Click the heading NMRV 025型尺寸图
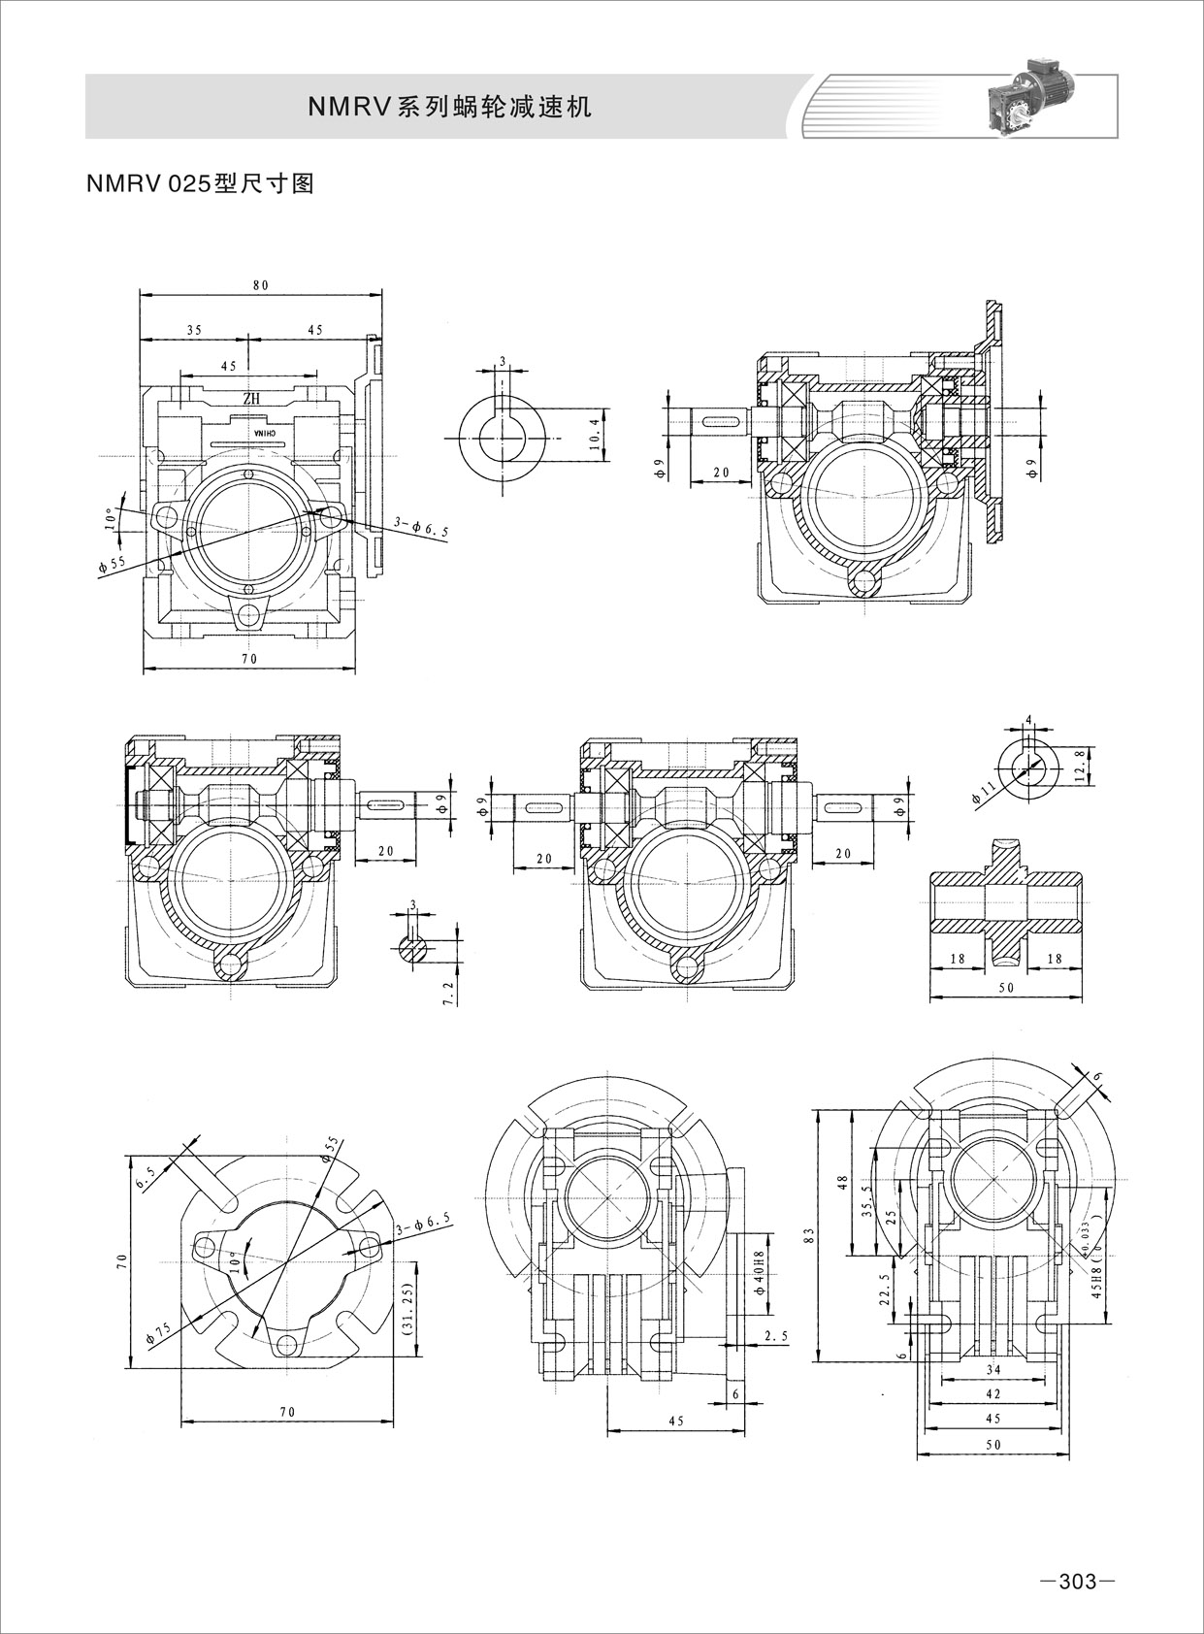coord(201,184)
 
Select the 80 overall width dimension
coord(260,285)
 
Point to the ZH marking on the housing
coord(251,398)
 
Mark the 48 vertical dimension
coord(842,1182)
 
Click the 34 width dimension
coord(992,1369)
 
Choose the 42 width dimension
coord(992,1393)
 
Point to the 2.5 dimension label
coord(775,1336)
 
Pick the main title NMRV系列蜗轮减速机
coord(449,107)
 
